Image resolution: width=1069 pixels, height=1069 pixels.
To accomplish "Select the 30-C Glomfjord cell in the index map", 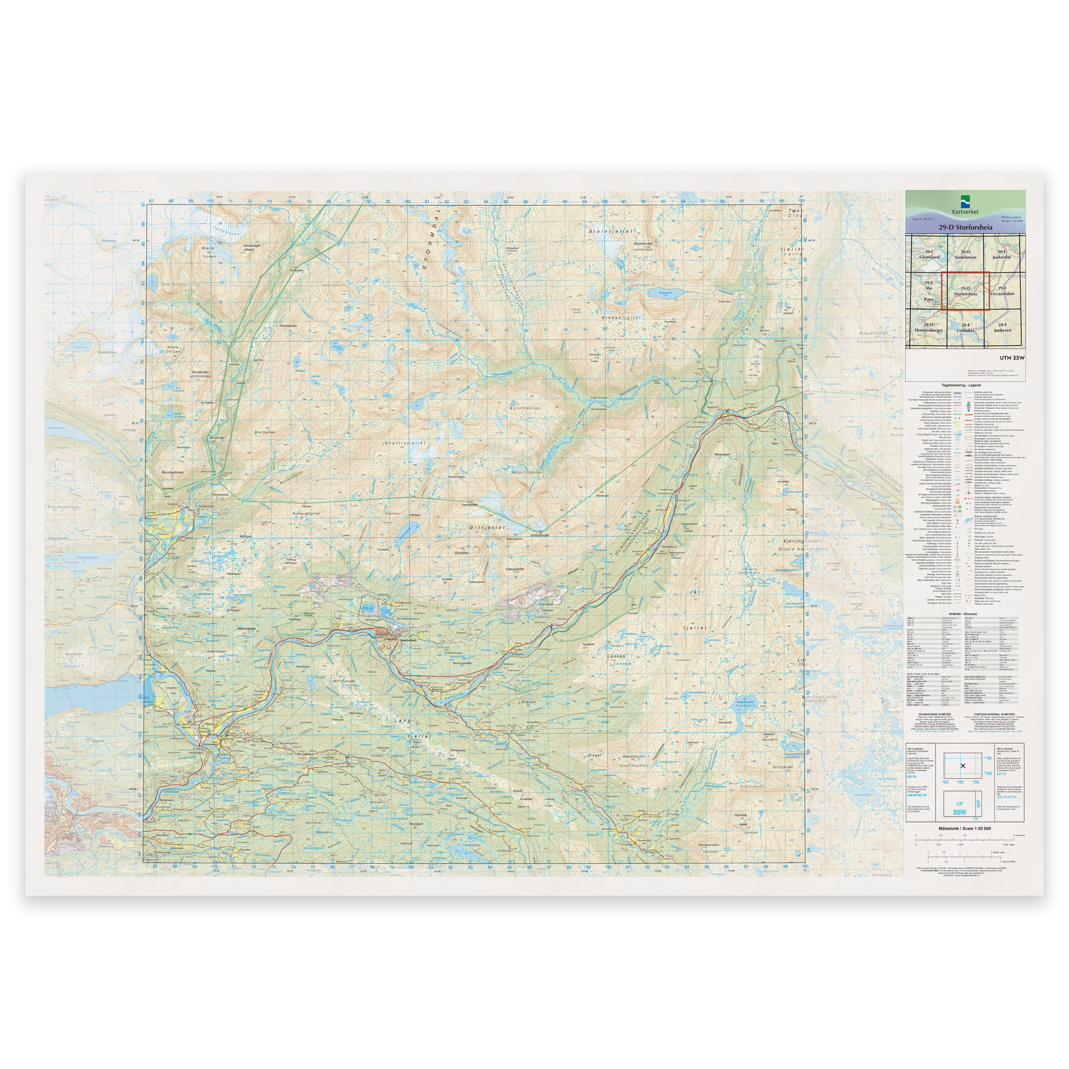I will (929, 254).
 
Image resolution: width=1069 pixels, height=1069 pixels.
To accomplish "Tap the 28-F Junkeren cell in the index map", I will (1002, 328).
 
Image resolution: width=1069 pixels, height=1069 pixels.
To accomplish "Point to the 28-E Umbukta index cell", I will (965, 328).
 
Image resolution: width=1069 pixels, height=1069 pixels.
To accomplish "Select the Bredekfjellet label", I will (621, 317).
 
